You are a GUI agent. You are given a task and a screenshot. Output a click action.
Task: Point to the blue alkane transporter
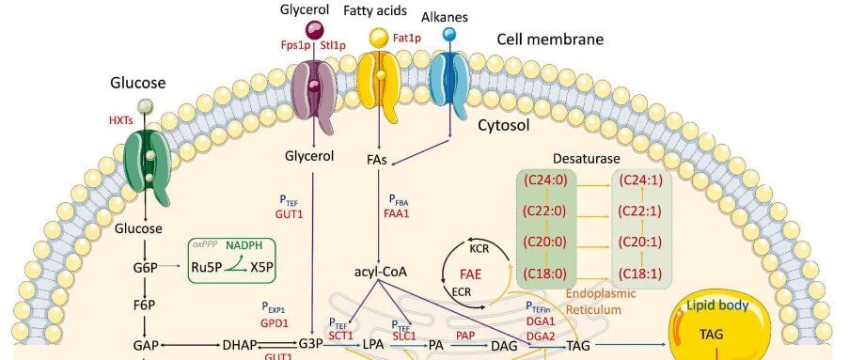(x=449, y=85)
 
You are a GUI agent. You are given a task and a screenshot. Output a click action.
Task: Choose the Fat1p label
(x=406, y=38)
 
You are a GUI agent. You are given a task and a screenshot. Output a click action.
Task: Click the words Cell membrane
(x=550, y=39)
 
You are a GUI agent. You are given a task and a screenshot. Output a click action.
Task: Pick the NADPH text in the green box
(x=244, y=245)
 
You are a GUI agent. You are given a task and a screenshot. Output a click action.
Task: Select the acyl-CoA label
(x=380, y=272)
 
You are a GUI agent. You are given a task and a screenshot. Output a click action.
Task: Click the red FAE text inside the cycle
(x=477, y=273)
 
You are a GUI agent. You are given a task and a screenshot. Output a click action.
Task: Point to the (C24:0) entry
(x=545, y=180)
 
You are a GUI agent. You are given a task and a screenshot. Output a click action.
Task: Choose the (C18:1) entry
(x=640, y=274)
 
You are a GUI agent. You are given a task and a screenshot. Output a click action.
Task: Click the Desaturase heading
(x=587, y=159)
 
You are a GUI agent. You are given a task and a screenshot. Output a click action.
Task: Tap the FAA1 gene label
(x=397, y=213)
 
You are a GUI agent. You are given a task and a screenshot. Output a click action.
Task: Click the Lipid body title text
(x=717, y=306)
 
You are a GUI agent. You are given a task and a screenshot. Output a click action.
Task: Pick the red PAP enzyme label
(x=465, y=337)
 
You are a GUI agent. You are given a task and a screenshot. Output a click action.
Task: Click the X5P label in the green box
(x=262, y=267)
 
